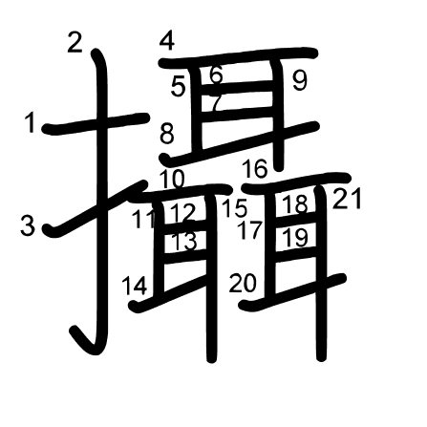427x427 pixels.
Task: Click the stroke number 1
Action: click(x=31, y=122)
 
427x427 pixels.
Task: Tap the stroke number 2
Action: click(x=75, y=43)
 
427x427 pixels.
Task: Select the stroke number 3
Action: click(x=28, y=225)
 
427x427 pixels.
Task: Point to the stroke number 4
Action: click(x=167, y=41)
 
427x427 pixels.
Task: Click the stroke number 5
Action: click(x=178, y=87)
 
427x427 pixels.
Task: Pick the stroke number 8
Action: click(x=167, y=134)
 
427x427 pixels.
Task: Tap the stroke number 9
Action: click(x=300, y=80)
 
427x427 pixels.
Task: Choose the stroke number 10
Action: click(x=172, y=179)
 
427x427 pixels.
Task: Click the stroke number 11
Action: click(x=144, y=219)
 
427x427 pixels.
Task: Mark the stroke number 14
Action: click(x=135, y=286)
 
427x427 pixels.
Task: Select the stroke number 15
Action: click(x=235, y=208)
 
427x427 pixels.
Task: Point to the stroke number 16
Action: click(x=255, y=169)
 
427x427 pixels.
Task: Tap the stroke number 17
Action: click(x=250, y=230)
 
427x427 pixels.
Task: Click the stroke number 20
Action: click(x=243, y=284)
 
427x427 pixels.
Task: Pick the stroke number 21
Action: click(x=347, y=199)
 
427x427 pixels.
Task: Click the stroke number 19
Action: click(x=296, y=238)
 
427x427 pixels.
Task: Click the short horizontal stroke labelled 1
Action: click(x=96, y=123)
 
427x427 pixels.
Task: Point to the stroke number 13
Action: click(x=184, y=242)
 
